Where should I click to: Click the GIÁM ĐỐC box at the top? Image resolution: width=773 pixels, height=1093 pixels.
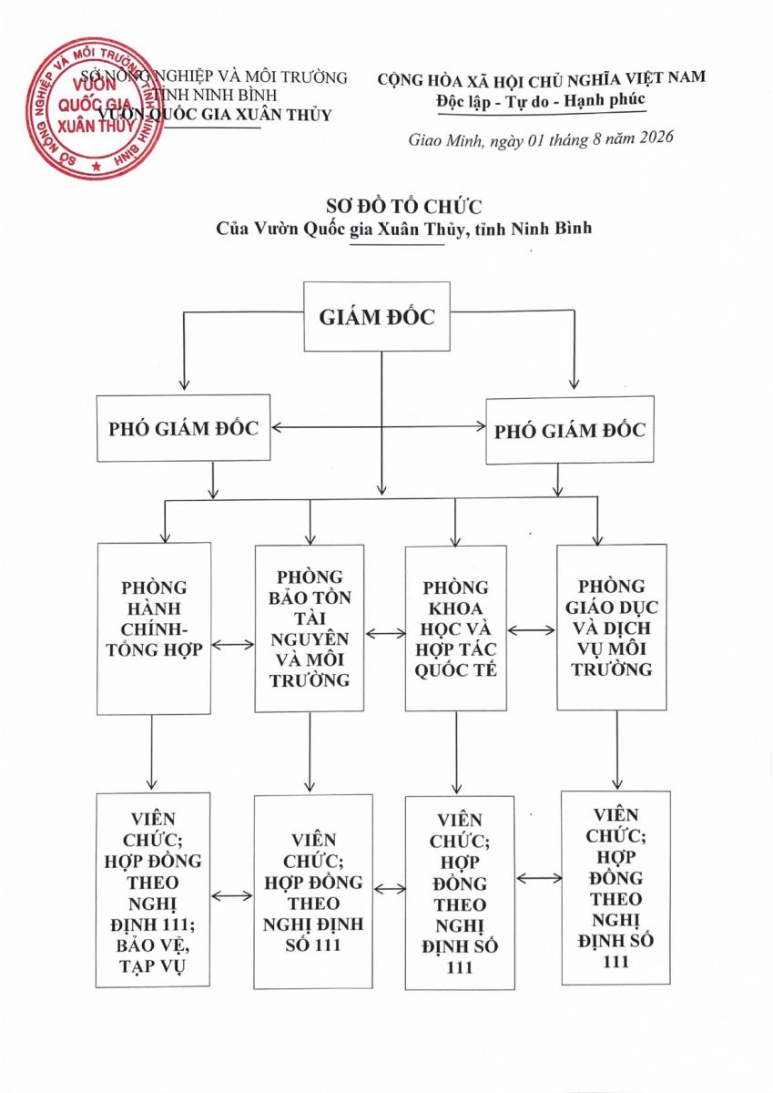tap(377, 316)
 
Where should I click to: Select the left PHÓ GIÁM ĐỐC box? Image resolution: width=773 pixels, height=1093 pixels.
tap(183, 428)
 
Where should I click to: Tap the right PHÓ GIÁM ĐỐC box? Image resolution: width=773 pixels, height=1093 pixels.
tap(570, 430)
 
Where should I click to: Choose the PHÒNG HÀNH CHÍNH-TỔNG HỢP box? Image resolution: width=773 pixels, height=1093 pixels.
tap(154, 628)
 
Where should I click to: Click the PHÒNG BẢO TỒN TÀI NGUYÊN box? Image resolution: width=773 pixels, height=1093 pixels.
tap(310, 628)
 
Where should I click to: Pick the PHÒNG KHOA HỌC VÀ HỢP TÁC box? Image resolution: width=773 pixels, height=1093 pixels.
tap(456, 628)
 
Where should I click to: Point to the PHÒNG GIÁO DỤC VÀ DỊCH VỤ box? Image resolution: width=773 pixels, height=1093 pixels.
tap(612, 628)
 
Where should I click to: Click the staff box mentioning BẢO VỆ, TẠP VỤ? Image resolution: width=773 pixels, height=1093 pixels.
tap(153, 890)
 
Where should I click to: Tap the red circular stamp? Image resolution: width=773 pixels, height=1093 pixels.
tap(95, 108)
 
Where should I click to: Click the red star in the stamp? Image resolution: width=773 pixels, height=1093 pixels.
tap(97, 167)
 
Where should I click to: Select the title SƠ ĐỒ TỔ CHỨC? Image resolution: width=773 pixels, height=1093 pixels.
tap(404, 207)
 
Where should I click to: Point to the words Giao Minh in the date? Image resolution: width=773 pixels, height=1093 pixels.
tap(445, 140)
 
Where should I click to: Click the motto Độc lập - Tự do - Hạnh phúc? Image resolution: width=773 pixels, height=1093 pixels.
tap(541, 101)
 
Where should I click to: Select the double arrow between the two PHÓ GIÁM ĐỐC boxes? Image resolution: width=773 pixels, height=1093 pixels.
tap(379, 427)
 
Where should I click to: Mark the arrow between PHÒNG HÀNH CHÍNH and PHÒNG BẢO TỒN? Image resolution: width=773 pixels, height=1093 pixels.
tap(233, 645)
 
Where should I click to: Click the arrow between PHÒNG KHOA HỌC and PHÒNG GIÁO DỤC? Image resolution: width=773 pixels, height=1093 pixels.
tap(532, 630)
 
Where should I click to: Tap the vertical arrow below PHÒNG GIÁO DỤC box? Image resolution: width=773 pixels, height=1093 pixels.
tap(617, 750)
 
